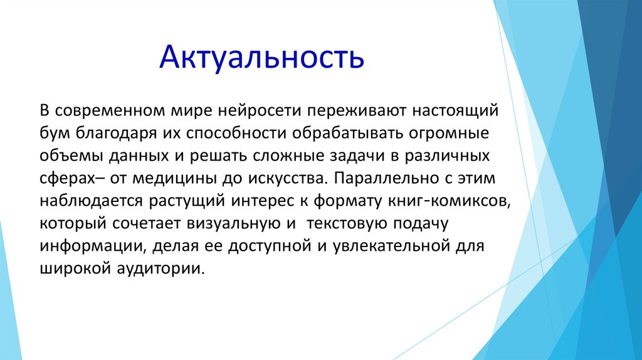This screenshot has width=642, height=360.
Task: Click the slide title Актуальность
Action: coord(261,57)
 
